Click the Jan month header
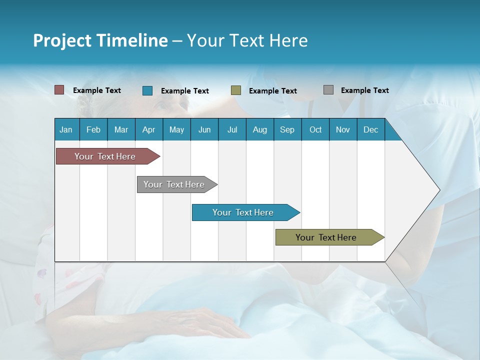(66, 129)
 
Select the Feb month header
(93, 129)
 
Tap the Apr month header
(149, 129)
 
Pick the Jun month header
(204, 129)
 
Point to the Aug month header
(260, 129)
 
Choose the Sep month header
(287, 129)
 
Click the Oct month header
(315, 129)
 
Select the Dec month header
(371, 129)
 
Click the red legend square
(59, 90)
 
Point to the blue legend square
(147, 90)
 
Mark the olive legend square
(236, 90)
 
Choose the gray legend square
(328, 90)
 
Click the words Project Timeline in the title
(100, 40)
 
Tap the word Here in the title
(288, 40)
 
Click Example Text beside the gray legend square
(364, 90)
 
